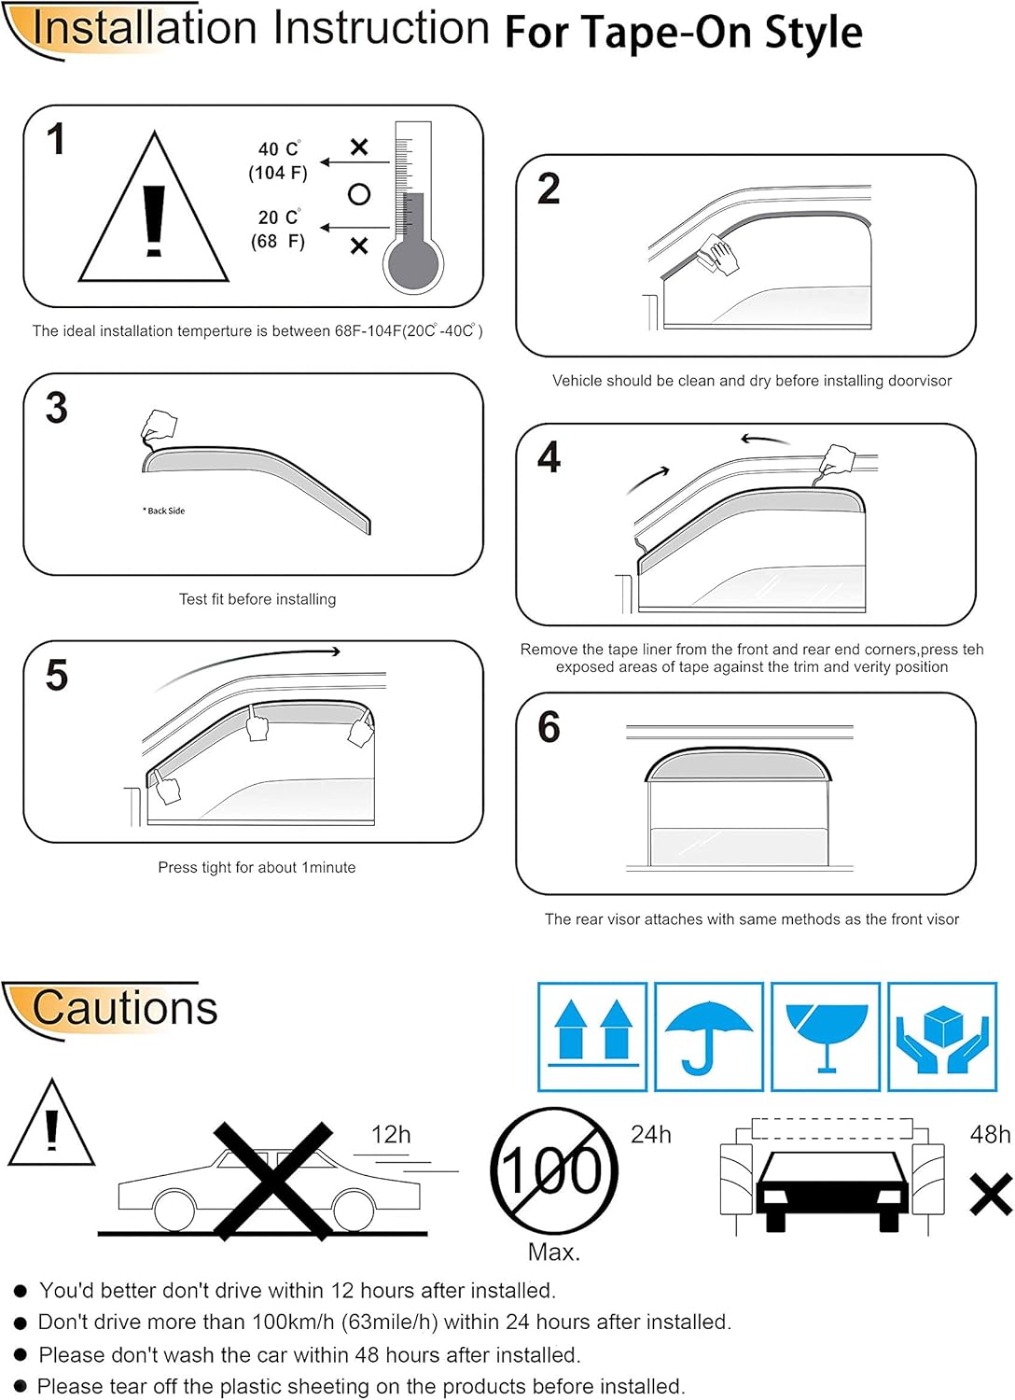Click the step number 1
(56, 140)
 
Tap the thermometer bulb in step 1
(412, 266)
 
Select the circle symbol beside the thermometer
(359, 194)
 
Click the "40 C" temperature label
(279, 149)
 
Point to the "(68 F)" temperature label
(278, 242)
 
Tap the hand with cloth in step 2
(718, 254)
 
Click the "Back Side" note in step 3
(164, 511)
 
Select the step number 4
(549, 457)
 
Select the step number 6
(549, 727)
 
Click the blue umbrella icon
(709, 1036)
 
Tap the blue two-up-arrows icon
(592, 1036)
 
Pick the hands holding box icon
(942, 1036)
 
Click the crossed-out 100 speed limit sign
(554, 1170)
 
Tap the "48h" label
(990, 1135)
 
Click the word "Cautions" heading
(124, 1008)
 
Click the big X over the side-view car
(272, 1181)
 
